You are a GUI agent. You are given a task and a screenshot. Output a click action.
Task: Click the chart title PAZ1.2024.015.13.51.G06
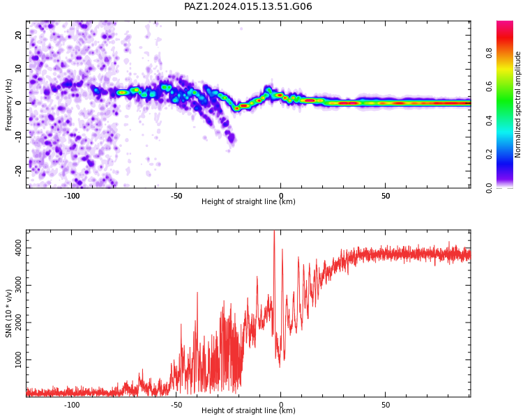click(248, 6)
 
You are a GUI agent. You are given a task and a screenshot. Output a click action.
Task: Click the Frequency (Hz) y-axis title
click(8, 104)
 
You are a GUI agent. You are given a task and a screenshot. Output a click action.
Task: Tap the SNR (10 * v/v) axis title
click(8, 313)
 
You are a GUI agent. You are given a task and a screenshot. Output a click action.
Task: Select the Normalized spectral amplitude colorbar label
click(517, 104)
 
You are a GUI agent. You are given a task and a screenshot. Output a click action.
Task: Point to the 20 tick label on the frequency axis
click(19, 35)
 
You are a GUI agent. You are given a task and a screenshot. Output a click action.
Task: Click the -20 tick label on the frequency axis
click(19, 171)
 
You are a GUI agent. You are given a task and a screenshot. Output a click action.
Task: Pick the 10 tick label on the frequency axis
click(19, 69)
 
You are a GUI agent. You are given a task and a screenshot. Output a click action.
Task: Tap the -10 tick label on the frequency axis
click(19, 137)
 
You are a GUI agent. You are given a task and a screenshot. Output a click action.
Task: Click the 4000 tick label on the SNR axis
click(19, 248)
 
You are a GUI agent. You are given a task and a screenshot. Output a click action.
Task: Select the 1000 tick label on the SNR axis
click(19, 359)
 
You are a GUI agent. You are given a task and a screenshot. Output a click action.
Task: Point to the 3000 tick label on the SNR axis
click(19, 286)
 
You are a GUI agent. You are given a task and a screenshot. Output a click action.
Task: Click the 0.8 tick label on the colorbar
click(489, 53)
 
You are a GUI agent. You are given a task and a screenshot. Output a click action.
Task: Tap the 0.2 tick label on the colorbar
click(489, 154)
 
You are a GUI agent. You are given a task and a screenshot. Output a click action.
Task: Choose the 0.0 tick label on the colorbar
click(489, 187)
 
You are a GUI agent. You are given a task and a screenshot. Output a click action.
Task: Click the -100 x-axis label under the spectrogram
click(71, 196)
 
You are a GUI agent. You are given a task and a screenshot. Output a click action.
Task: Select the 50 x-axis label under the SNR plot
click(385, 405)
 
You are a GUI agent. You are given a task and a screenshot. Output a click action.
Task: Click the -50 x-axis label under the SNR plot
click(176, 405)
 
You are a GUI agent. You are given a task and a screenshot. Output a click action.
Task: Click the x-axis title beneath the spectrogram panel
click(248, 201)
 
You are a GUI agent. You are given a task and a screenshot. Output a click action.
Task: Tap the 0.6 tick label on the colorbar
click(489, 86)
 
